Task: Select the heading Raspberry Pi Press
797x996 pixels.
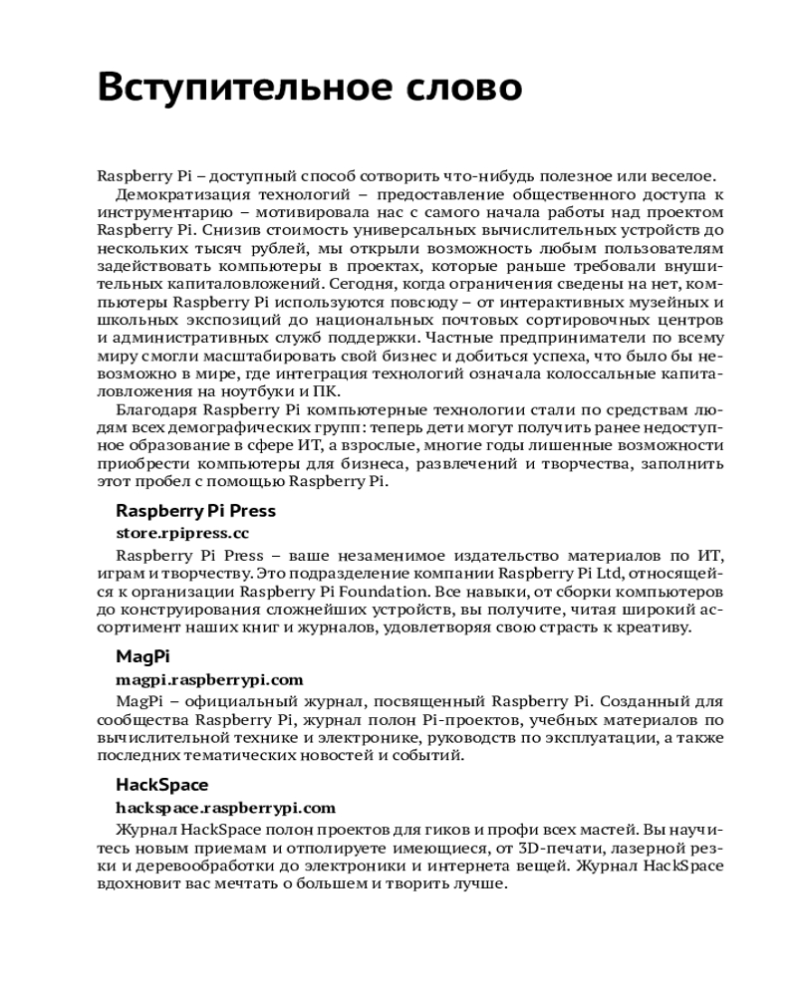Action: point(195,511)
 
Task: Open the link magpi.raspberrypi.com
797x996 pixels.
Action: point(209,680)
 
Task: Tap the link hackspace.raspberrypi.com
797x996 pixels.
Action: point(225,808)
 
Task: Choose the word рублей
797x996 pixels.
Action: point(267,248)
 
